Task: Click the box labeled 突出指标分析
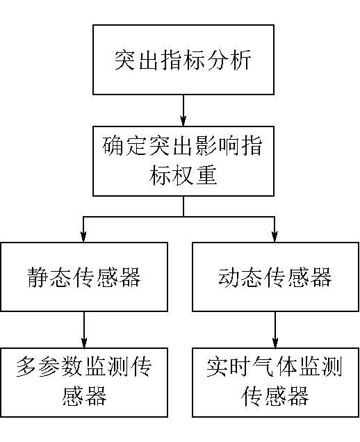click(183, 60)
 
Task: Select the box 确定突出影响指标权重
click(183, 161)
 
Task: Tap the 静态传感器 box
click(84, 277)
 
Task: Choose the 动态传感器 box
click(275, 277)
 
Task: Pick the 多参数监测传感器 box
click(84, 382)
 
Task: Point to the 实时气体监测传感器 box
click(275, 382)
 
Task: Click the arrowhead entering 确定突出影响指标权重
click(183, 121)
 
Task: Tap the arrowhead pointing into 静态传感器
click(83, 237)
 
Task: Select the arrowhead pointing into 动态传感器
click(275, 237)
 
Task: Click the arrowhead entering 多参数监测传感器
click(84, 343)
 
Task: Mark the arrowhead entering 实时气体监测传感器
click(275, 343)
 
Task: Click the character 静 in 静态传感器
click(38, 277)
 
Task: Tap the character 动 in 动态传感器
click(229, 277)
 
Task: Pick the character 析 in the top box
click(240, 60)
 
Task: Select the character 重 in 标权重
click(206, 175)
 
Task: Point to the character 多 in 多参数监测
click(27, 367)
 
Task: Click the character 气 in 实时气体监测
click(263, 367)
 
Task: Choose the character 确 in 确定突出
click(113, 146)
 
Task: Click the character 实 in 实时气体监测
click(218, 367)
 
